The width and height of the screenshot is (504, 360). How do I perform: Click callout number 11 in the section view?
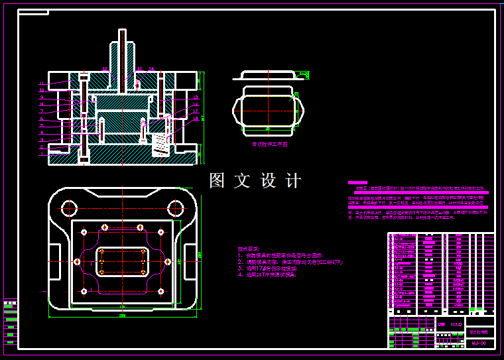[41, 84]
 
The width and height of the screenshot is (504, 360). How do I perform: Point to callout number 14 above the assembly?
[151, 70]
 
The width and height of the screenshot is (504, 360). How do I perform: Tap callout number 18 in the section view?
[196, 118]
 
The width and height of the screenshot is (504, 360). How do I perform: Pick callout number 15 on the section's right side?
[196, 97]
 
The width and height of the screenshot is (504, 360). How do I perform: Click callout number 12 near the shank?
[105, 69]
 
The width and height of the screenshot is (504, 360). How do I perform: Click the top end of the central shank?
[122, 31]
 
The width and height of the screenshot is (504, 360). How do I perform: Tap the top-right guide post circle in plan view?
[176, 208]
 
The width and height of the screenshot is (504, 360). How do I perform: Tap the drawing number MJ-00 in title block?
[479, 343]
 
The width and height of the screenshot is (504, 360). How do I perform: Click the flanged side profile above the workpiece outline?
[267, 76]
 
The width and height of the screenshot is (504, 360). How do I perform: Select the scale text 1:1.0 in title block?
[455, 324]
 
